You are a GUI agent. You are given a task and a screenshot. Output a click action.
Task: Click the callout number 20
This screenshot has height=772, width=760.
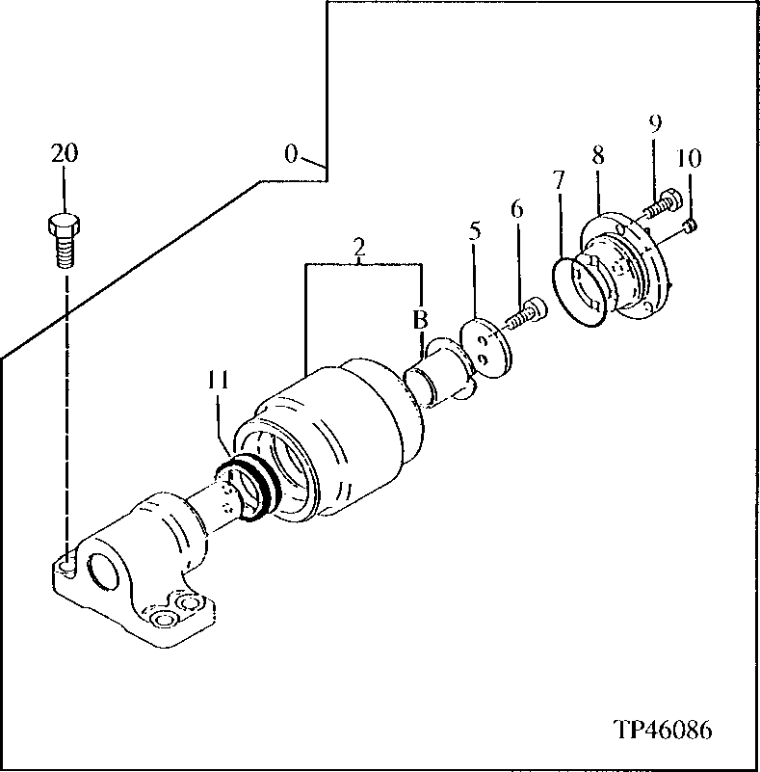pyautogui.click(x=65, y=153)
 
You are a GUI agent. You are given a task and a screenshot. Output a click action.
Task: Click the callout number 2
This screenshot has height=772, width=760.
pyautogui.click(x=359, y=248)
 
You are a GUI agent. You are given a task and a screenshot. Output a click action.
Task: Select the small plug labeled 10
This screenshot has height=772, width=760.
pyautogui.click(x=690, y=226)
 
